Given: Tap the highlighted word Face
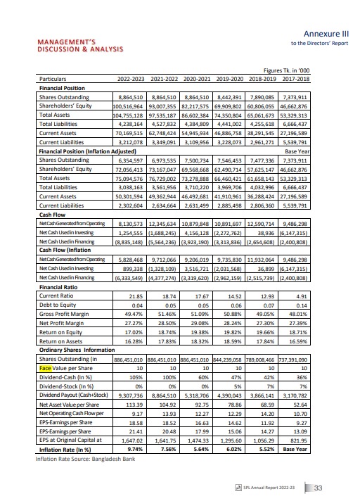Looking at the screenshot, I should pyautogui.click(x=46, y=367).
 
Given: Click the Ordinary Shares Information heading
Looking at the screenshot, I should pyautogui.click(x=85, y=350).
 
